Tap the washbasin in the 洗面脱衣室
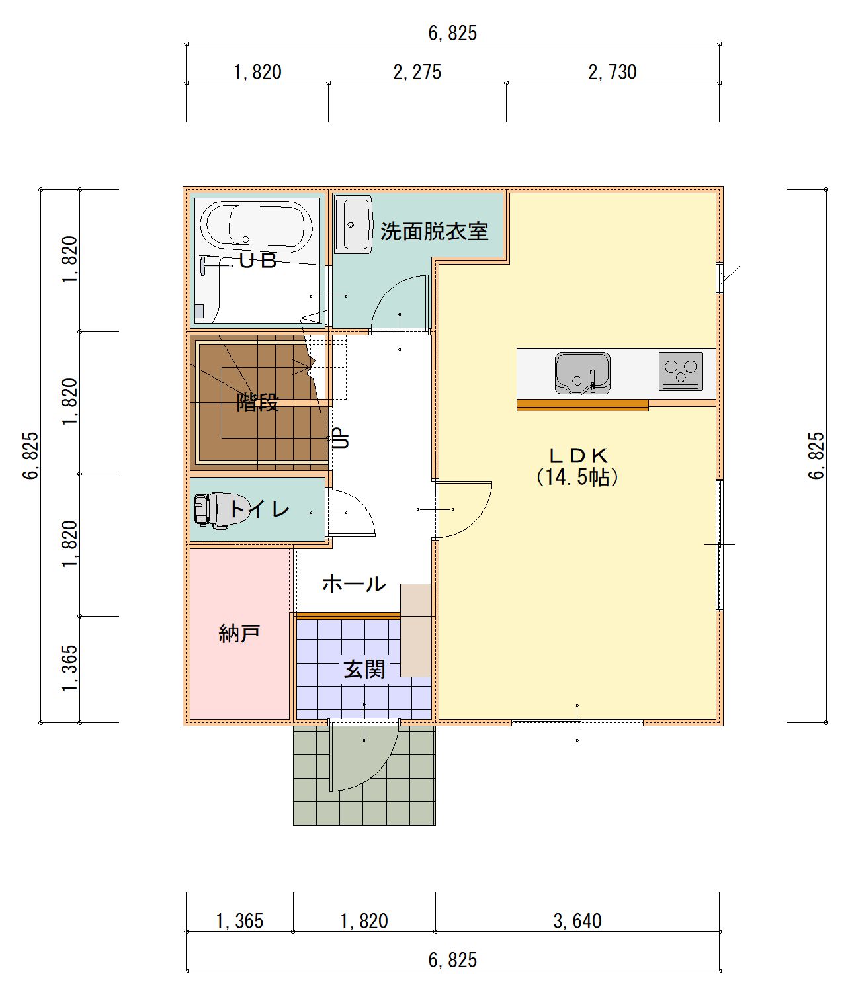[x=353, y=224]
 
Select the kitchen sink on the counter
[x=583, y=372]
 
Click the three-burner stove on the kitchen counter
[x=681, y=371]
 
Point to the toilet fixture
[x=222, y=510]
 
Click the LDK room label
[x=578, y=455]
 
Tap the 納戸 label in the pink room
[x=239, y=634]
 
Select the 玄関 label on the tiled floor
[x=364, y=670]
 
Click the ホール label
[x=354, y=584]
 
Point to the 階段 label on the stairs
[x=257, y=402]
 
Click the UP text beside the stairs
[x=341, y=438]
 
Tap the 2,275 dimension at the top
[x=417, y=72]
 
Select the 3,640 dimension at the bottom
[x=577, y=921]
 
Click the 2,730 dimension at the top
[x=612, y=72]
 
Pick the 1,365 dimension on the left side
[x=69, y=669]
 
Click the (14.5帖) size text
[x=577, y=478]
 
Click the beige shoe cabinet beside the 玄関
[x=416, y=630]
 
